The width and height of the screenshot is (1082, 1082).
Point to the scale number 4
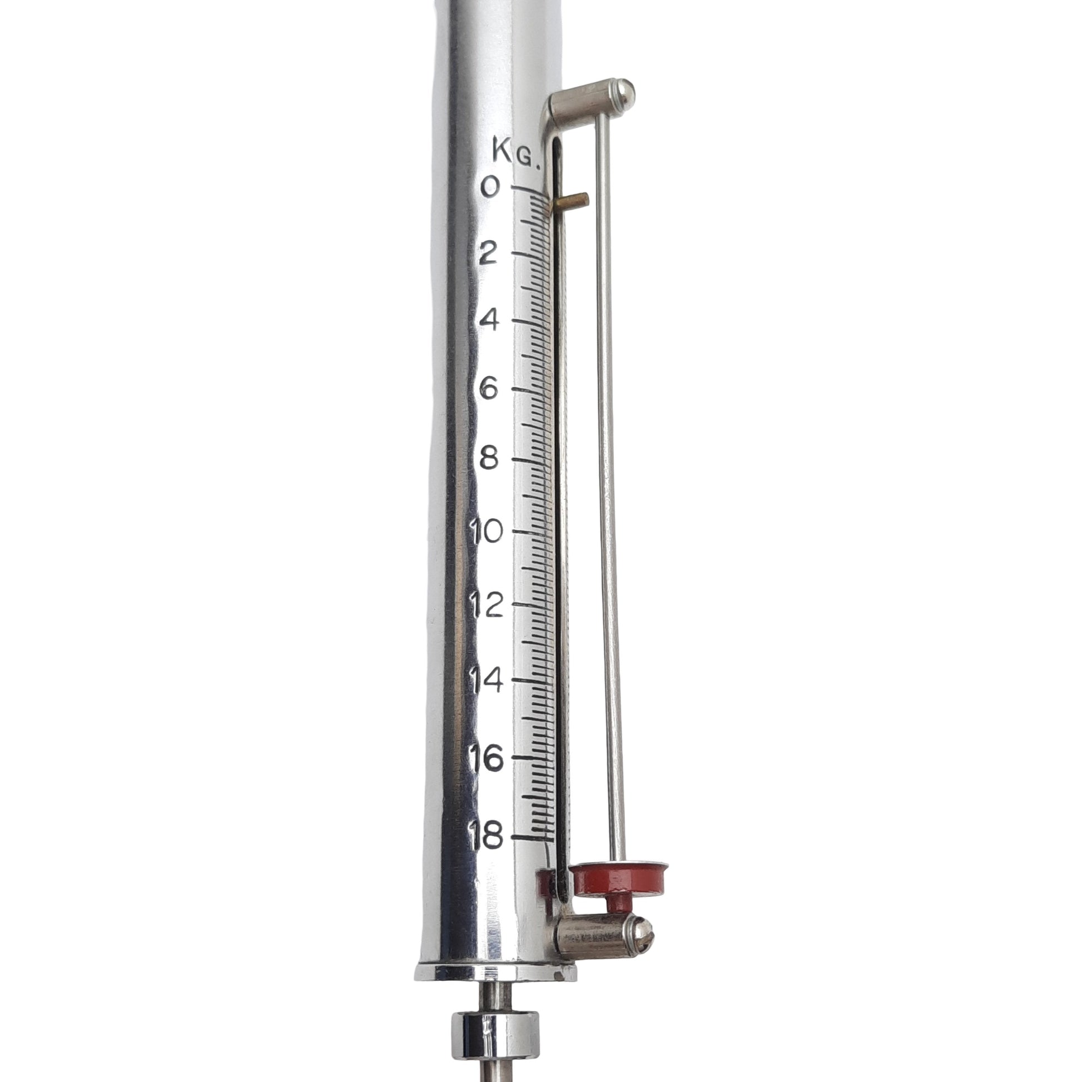pos(489,320)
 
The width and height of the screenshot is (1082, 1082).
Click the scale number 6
pos(489,388)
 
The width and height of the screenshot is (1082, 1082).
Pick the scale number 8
pos(489,459)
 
